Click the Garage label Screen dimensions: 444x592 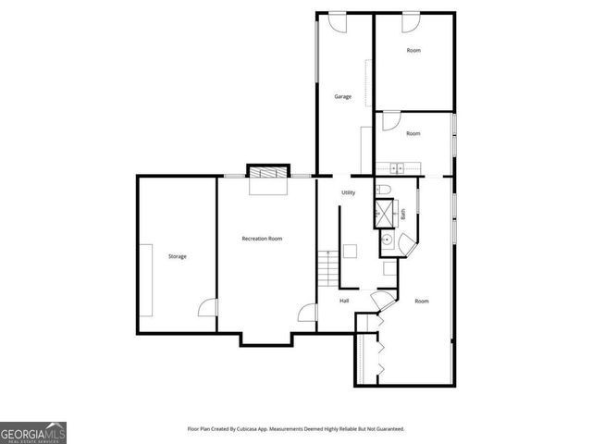[x=343, y=96]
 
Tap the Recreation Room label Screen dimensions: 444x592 [x=262, y=239]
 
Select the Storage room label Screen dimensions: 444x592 [x=177, y=256]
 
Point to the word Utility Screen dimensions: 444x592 [x=348, y=192]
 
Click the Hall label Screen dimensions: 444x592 [x=344, y=301]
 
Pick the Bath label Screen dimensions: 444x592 [x=403, y=214]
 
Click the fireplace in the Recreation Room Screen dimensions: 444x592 [x=268, y=173]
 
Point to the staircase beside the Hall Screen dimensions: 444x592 [x=325, y=267]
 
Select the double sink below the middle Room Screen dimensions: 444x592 [x=397, y=167]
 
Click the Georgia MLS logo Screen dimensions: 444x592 [x=33, y=433]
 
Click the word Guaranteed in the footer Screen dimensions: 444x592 [x=387, y=429]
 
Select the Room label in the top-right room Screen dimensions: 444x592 [x=413, y=50]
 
